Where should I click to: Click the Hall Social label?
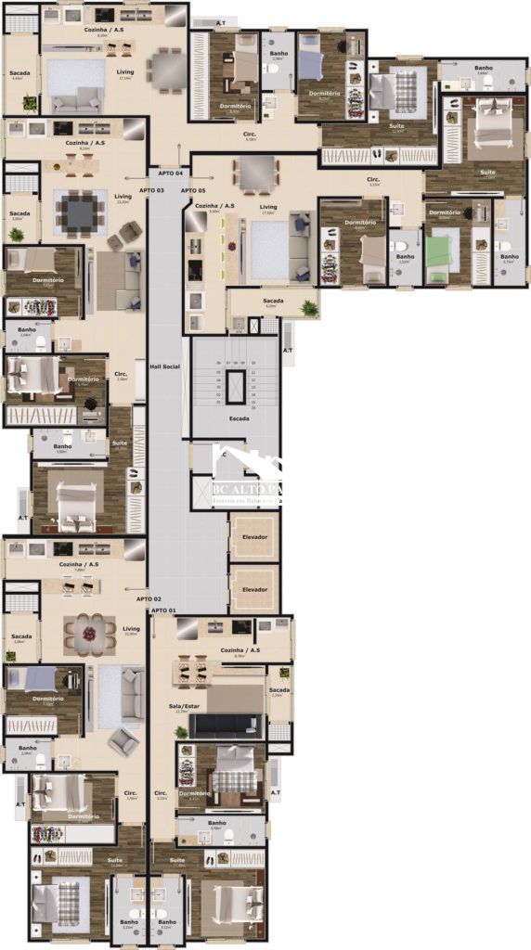tap(164, 367)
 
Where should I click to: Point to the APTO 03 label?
tap(151, 190)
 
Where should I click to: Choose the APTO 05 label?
tap(193, 190)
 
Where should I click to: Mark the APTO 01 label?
tap(163, 610)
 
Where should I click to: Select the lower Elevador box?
tap(254, 589)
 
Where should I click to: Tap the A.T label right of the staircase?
tap(287, 351)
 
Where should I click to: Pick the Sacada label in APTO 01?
tap(279, 690)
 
